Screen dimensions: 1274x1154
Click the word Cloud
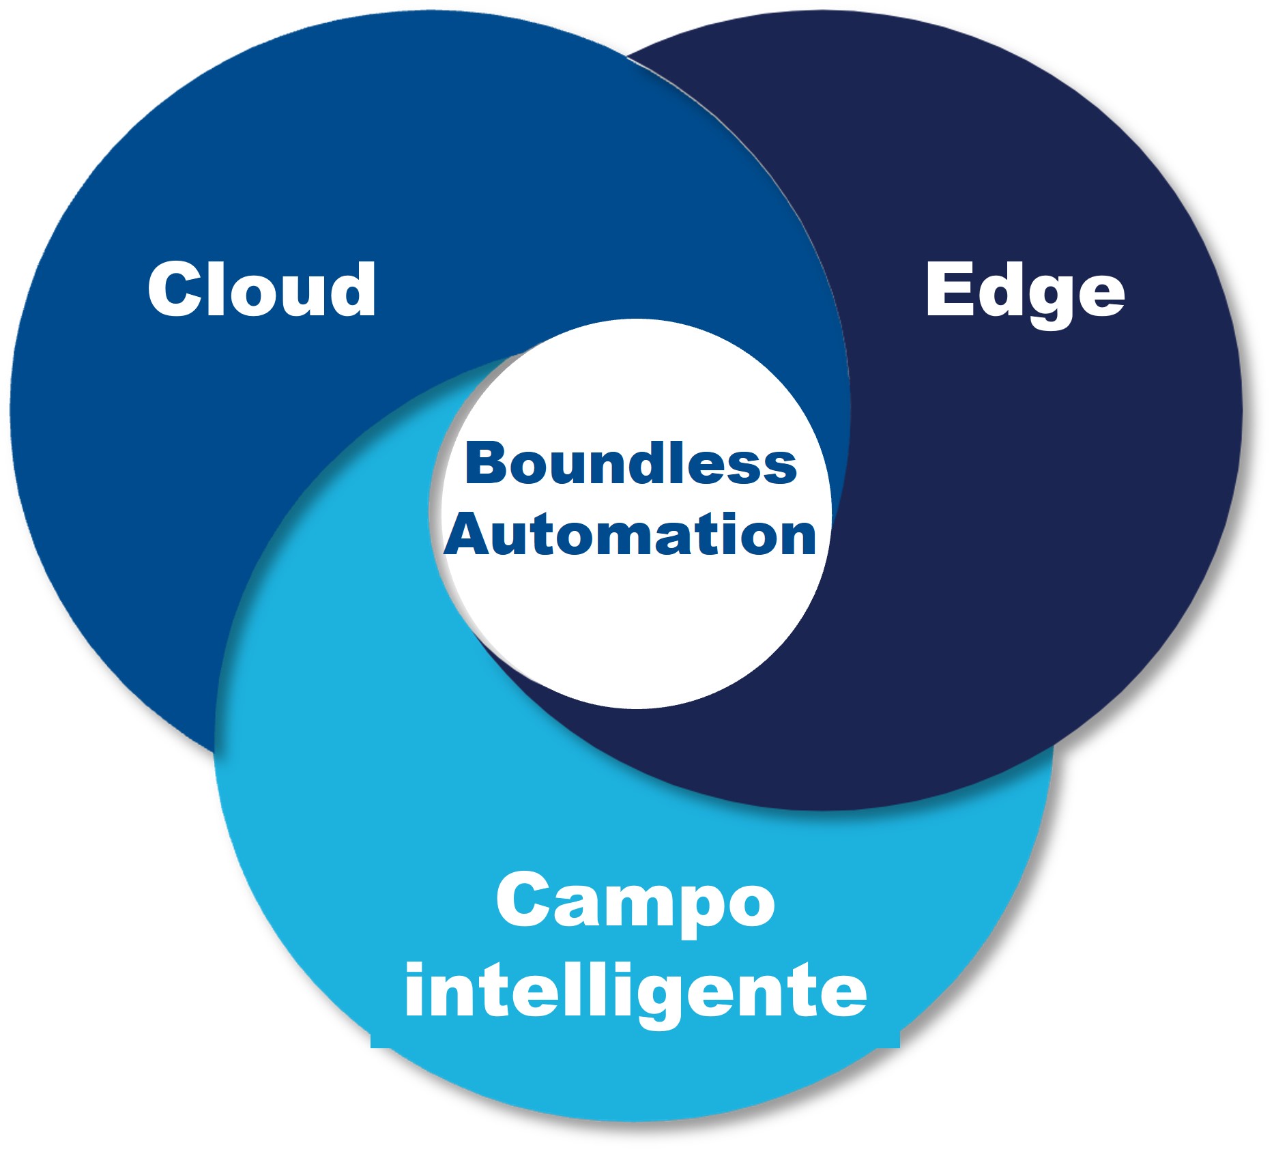tap(261, 289)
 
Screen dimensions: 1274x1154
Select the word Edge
tap(1025, 294)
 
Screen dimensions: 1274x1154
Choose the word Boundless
tap(631, 463)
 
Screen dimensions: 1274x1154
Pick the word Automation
tap(631, 534)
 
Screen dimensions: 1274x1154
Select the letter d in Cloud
tap(351, 289)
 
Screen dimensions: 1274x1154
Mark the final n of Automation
tap(798, 539)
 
